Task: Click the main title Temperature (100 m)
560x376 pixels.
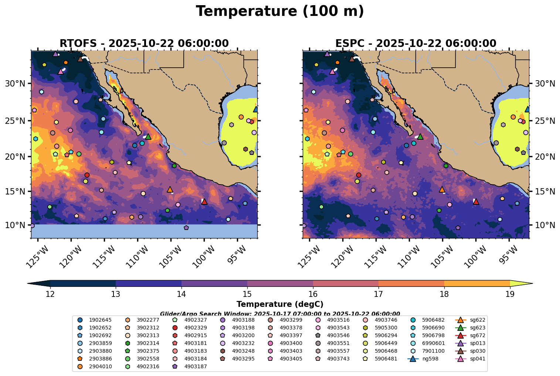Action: (280, 11)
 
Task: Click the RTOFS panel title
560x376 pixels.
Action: (144, 44)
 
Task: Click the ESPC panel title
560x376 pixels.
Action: (415, 44)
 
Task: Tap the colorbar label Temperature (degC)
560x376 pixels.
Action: (280, 304)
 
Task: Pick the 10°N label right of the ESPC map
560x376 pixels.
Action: (545, 225)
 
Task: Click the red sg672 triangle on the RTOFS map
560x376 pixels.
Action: (204, 201)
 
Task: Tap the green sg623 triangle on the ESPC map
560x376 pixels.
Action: (420, 136)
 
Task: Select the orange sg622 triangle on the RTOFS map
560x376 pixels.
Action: (170, 190)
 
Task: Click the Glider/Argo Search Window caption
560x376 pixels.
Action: (280, 314)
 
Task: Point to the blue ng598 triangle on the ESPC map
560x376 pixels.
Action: (527, 109)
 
